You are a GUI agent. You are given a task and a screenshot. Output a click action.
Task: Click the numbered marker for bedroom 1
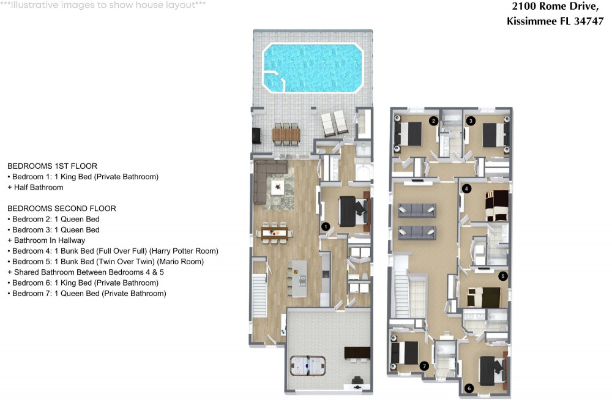326,226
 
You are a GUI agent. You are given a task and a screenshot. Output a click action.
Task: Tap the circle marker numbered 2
433,121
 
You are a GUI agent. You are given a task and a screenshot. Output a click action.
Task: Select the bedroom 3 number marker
471,121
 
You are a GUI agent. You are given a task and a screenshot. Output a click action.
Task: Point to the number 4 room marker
466,189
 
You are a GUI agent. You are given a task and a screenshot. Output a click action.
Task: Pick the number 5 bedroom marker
502,276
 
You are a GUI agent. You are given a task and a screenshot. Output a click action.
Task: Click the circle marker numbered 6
469,388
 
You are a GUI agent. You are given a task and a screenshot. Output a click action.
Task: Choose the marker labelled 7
424,366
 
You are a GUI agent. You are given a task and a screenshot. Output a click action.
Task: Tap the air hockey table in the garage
308,366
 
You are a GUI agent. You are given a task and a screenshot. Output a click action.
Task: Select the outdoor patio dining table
286,135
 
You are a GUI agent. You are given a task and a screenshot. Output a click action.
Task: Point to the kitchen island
299,279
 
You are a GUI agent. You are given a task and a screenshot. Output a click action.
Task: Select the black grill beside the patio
257,135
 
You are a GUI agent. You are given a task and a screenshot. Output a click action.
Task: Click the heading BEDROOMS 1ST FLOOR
52,166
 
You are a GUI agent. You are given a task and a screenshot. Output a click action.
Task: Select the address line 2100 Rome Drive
556,6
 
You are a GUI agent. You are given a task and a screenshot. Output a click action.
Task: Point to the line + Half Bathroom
35,187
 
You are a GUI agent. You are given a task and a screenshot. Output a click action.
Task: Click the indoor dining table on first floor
275,233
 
